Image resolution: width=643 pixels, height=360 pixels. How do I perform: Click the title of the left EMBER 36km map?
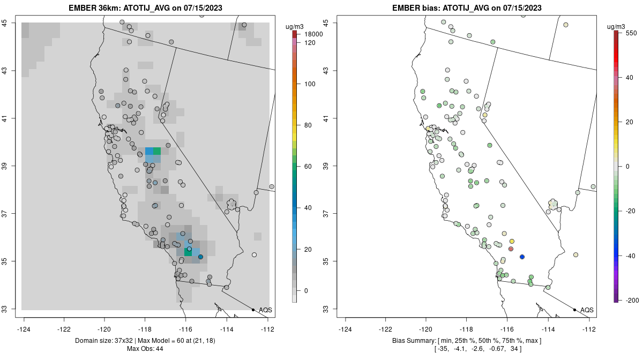(146, 8)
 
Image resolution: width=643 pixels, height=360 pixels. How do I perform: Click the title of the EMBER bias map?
(467, 8)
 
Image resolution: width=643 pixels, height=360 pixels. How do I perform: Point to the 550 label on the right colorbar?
(631, 33)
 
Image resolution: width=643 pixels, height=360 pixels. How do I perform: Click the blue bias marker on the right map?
(522, 257)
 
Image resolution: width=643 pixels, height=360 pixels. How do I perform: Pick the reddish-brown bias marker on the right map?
(511, 249)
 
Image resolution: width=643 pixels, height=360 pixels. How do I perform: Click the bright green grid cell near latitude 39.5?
(157, 151)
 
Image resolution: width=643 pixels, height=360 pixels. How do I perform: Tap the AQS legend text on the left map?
(265, 310)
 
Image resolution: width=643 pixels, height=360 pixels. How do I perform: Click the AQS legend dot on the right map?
(574, 310)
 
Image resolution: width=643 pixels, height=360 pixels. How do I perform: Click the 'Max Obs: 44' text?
(146, 349)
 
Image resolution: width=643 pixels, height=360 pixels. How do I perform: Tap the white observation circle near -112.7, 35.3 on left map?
(254, 254)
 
